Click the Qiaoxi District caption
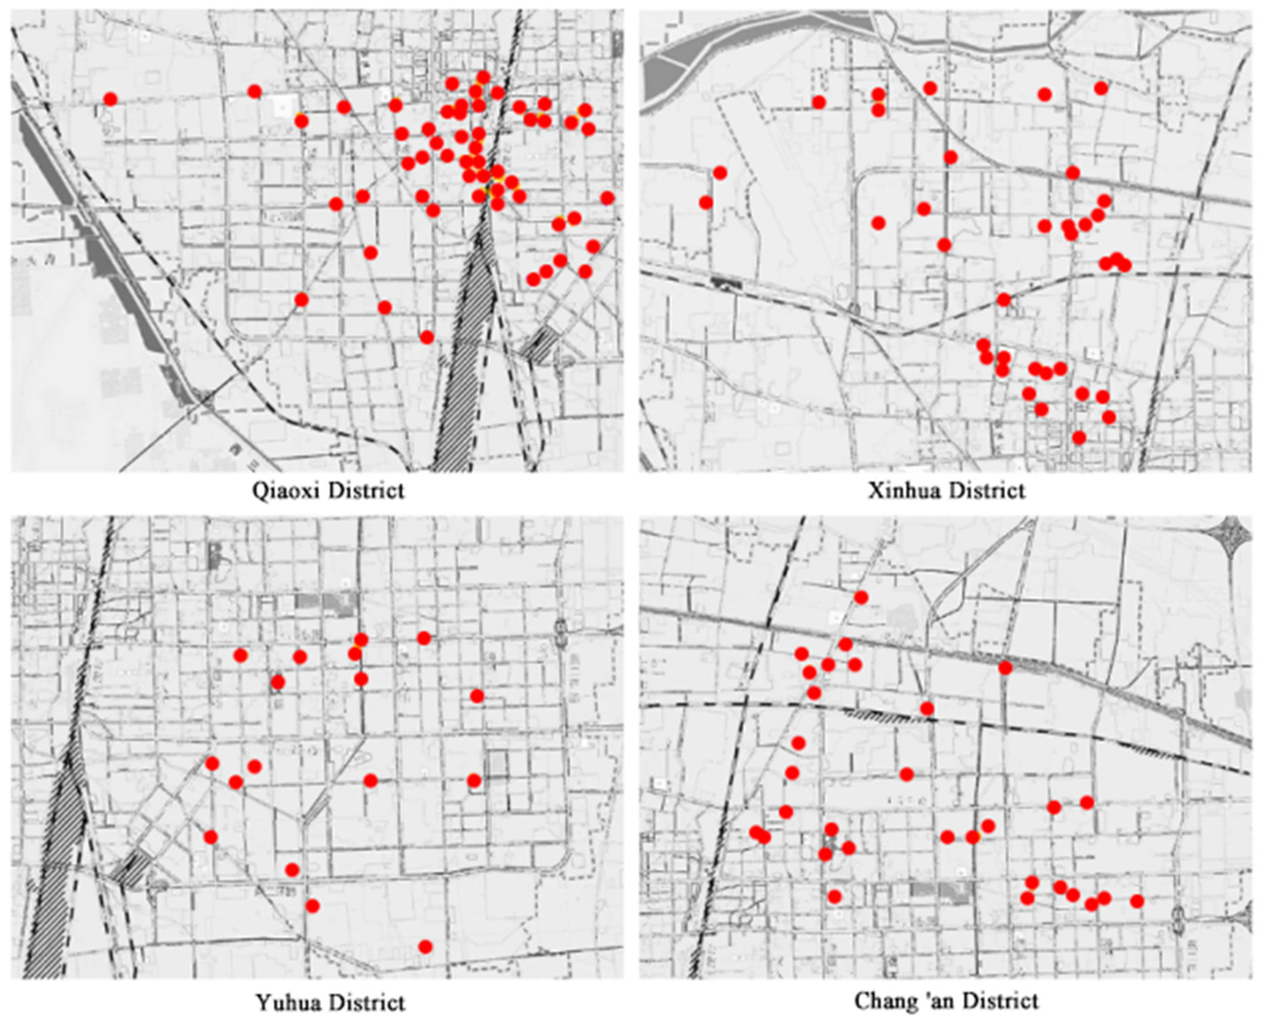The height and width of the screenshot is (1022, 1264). tap(328, 490)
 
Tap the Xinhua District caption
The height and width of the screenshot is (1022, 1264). tap(946, 490)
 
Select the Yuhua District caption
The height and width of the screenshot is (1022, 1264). tap(330, 1002)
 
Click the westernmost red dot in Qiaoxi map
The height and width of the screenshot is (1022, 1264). tap(110, 99)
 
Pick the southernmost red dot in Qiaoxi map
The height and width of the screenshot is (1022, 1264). tap(427, 337)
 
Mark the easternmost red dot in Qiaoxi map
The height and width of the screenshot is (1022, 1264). tap(608, 198)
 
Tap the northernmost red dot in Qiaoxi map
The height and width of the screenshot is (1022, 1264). tap(483, 77)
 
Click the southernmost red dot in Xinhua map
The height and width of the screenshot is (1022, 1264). tap(1079, 437)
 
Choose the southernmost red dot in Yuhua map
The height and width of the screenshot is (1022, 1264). tap(425, 946)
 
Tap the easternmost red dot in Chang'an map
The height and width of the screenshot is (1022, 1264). tap(1137, 901)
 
